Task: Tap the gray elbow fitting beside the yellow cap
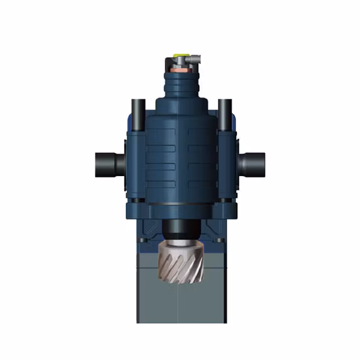point(190,61)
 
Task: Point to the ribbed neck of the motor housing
point(179,85)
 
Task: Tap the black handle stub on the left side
point(105,160)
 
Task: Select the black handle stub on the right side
point(253,160)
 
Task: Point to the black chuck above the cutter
point(179,228)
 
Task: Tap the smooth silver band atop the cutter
point(179,243)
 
